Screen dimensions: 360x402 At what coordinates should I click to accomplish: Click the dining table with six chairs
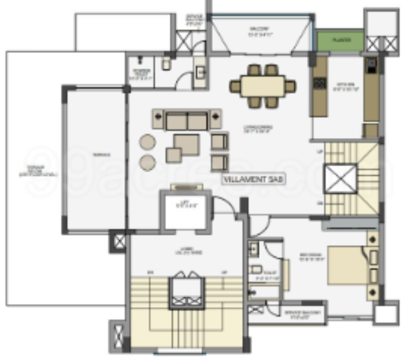[263, 86]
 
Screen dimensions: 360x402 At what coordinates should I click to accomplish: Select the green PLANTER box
[341, 40]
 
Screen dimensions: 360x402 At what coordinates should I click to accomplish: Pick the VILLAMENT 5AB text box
[254, 179]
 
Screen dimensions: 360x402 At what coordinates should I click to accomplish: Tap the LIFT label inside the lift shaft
[185, 205]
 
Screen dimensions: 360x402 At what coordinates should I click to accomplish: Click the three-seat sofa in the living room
[187, 120]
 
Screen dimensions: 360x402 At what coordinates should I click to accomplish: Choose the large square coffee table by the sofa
[186, 145]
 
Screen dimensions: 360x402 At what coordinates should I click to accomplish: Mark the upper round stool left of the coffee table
[148, 142]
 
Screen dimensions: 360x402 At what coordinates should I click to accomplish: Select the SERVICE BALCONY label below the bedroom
[299, 314]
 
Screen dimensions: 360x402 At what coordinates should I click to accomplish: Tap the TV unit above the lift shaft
[185, 187]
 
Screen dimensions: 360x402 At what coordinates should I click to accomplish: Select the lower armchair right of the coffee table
[219, 162]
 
